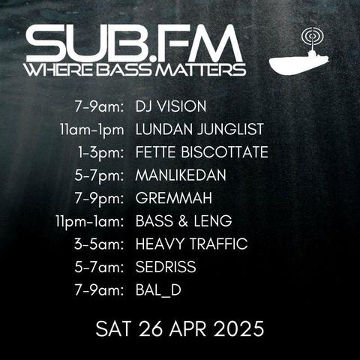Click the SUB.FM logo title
pyautogui.click(x=134, y=43)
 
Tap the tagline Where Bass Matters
pyautogui.click(x=136, y=70)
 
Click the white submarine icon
pyautogui.click(x=299, y=61)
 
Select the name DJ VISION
pyautogui.click(x=171, y=106)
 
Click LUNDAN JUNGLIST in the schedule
pyautogui.click(x=199, y=129)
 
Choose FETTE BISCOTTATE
pyautogui.click(x=202, y=152)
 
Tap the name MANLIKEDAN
pyautogui.click(x=181, y=175)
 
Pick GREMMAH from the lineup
pyautogui.click(x=174, y=198)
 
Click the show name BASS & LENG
pyautogui.click(x=184, y=221)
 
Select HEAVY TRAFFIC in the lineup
pyautogui.click(x=191, y=244)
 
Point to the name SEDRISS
pyautogui.click(x=166, y=267)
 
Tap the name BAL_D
pyautogui.click(x=158, y=290)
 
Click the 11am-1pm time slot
pyautogui.click(x=92, y=130)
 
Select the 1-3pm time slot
pyautogui.click(x=101, y=153)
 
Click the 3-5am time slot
pyautogui.click(x=99, y=244)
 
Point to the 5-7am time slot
pyautogui.click(x=99, y=267)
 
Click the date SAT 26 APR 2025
pyautogui.click(x=180, y=328)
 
